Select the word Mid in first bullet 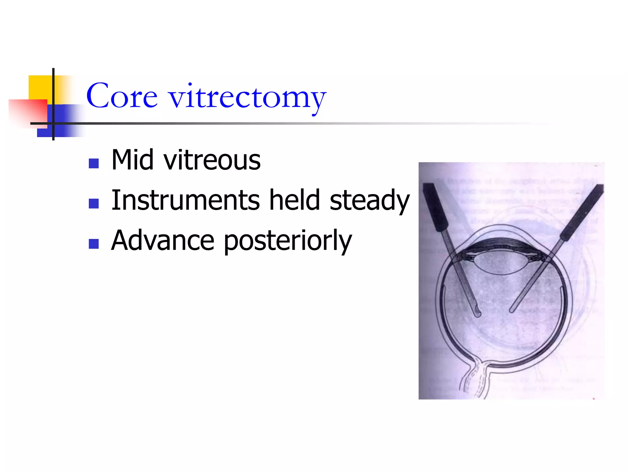(132, 160)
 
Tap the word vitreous (212, 160)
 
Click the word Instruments (186, 200)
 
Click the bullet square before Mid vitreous (94, 163)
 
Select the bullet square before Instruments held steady (94, 204)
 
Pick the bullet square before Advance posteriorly (94, 244)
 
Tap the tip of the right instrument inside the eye (511, 310)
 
